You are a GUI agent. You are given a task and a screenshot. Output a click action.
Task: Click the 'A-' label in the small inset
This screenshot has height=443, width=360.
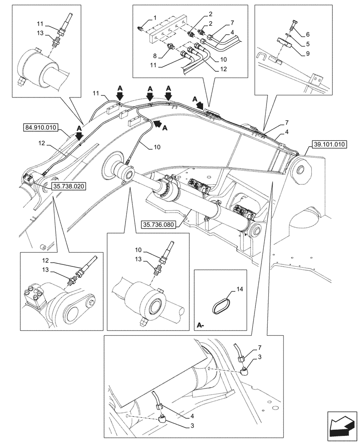point(200,326)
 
